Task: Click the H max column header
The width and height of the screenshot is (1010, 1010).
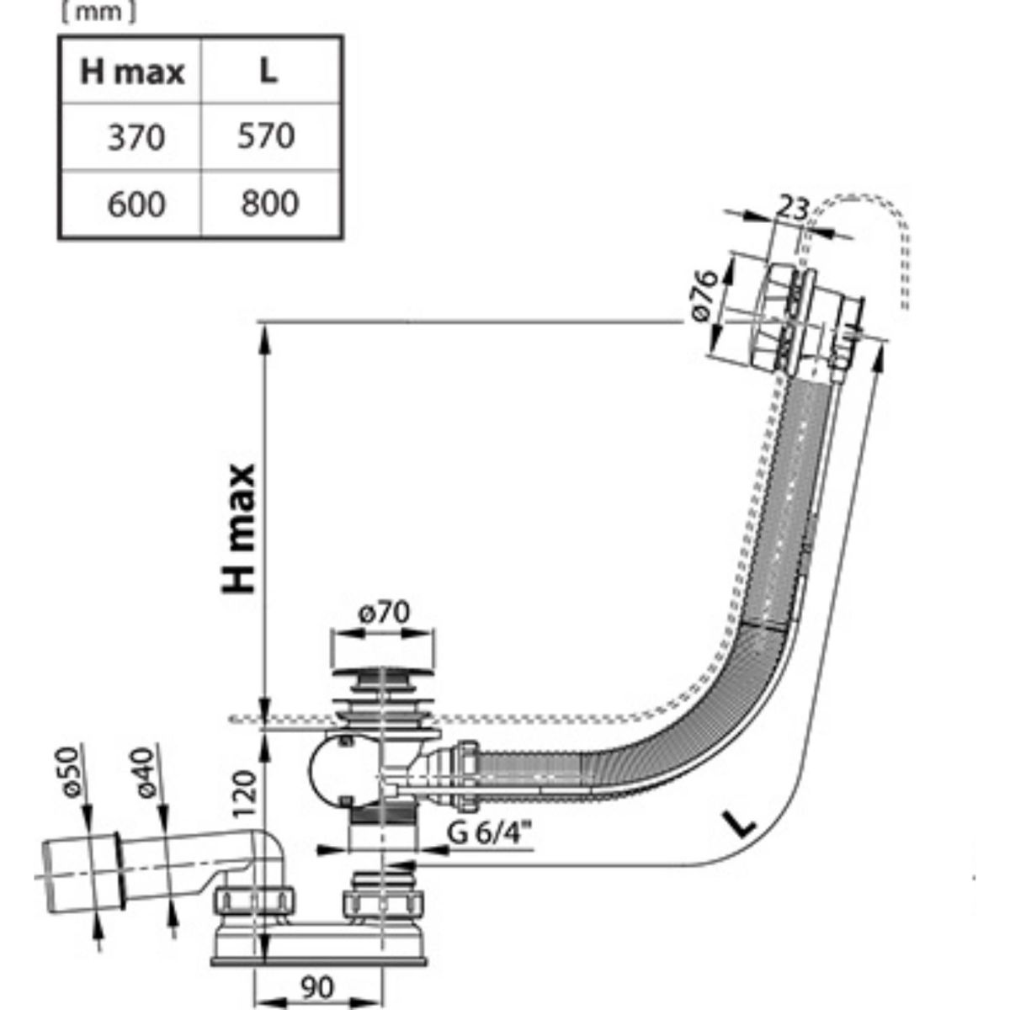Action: click(131, 72)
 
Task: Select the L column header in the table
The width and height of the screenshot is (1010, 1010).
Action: click(268, 72)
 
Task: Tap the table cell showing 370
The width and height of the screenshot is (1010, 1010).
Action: click(136, 136)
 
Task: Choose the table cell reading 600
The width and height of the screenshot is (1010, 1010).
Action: click(136, 204)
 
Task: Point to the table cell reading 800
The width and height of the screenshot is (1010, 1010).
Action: click(268, 203)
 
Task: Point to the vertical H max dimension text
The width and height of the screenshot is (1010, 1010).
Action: click(240, 529)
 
